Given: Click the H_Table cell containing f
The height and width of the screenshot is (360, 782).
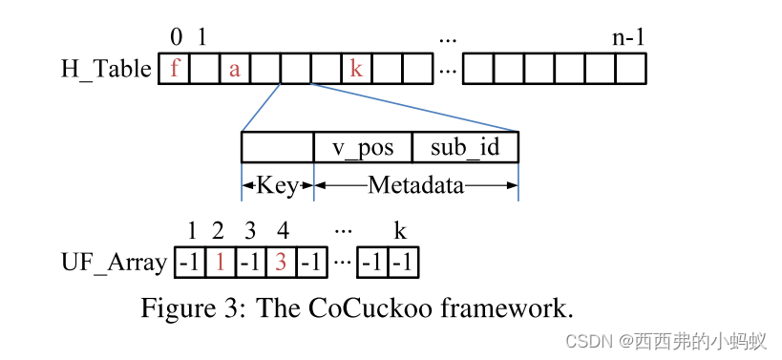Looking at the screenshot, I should [174, 70].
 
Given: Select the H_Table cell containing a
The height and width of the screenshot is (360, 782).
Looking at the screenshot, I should [234, 70].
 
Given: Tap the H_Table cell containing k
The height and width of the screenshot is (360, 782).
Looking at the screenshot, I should [356, 70].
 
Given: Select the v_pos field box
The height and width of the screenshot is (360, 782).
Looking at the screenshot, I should [363, 148].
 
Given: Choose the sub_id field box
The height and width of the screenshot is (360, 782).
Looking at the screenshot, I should [465, 148].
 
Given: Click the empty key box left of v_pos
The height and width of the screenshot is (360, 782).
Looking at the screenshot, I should [278, 148].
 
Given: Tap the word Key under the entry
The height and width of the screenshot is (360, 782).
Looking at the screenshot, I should [278, 185].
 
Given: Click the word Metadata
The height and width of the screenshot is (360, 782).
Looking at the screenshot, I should [416, 185].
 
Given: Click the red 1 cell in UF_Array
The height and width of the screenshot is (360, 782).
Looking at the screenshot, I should [220, 262].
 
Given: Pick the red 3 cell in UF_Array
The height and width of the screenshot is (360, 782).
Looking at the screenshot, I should [281, 262].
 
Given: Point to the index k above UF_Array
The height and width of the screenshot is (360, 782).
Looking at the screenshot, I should [400, 231].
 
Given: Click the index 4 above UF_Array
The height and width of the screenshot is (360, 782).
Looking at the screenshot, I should [282, 231].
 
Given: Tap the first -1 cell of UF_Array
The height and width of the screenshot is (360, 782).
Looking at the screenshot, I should [190, 262].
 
